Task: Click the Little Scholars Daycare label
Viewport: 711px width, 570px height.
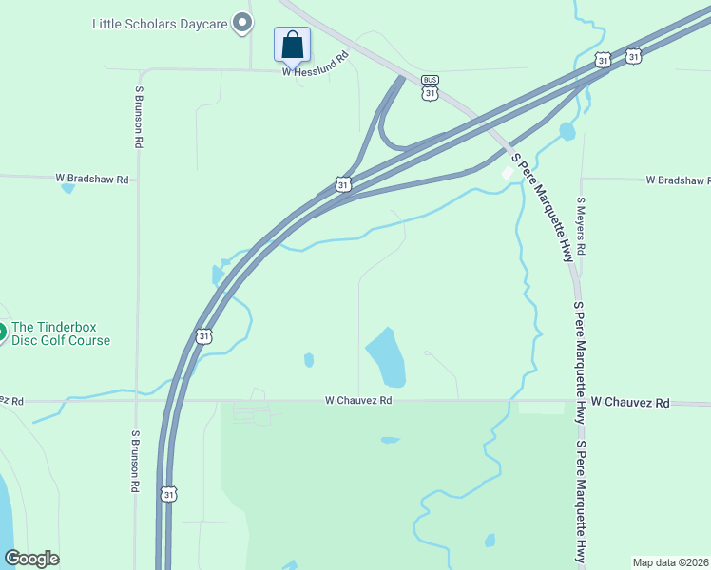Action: click(x=160, y=23)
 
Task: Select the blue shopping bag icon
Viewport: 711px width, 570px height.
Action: click(x=292, y=45)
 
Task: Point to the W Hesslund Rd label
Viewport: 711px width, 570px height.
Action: click(x=316, y=70)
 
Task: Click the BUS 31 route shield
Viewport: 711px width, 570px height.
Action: click(x=431, y=86)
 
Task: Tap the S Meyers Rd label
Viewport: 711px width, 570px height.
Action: click(x=581, y=226)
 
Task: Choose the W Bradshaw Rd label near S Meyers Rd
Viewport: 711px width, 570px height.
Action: click(x=678, y=180)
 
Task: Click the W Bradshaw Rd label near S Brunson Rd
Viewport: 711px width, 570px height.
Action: click(x=91, y=178)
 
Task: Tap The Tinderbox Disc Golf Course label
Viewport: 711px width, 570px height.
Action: click(x=61, y=333)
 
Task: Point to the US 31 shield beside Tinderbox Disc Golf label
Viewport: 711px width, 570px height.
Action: click(x=203, y=336)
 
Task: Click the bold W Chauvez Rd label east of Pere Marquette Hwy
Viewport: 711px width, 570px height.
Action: click(x=629, y=403)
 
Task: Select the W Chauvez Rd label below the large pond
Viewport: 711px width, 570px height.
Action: click(x=357, y=401)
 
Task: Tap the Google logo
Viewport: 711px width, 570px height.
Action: click(x=31, y=559)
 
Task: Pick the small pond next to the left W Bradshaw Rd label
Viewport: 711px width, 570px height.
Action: click(x=67, y=188)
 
